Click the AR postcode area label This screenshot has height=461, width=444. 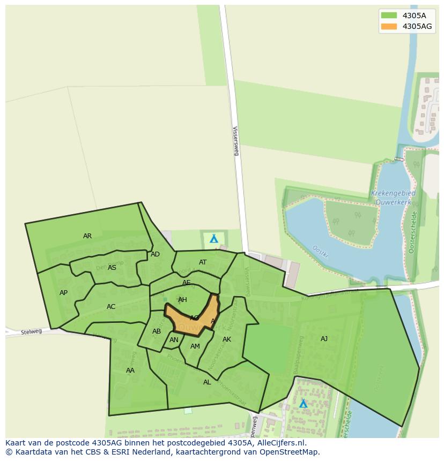(87, 236)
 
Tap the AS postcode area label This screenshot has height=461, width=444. (112, 268)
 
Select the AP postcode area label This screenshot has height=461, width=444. (64, 293)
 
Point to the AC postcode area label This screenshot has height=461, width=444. (111, 307)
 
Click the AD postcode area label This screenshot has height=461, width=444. (155, 254)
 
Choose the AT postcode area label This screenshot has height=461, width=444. (203, 262)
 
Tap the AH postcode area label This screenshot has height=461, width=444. (183, 300)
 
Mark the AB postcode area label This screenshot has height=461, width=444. (157, 331)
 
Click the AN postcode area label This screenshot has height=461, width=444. (174, 340)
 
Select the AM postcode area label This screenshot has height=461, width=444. (195, 346)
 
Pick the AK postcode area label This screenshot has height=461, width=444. (227, 339)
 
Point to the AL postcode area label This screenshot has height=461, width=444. (207, 382)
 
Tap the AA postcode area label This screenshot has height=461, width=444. (130, 371)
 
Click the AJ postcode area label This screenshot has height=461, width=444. (324, 339)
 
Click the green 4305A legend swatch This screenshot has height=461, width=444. (389, 15)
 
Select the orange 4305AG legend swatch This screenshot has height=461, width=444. (389, 26)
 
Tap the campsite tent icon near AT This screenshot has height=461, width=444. (214, 239)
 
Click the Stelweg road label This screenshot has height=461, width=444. (31, 332)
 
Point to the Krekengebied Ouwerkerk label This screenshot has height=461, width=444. (394, 197)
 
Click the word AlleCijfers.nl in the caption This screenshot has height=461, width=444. (278, 443)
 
